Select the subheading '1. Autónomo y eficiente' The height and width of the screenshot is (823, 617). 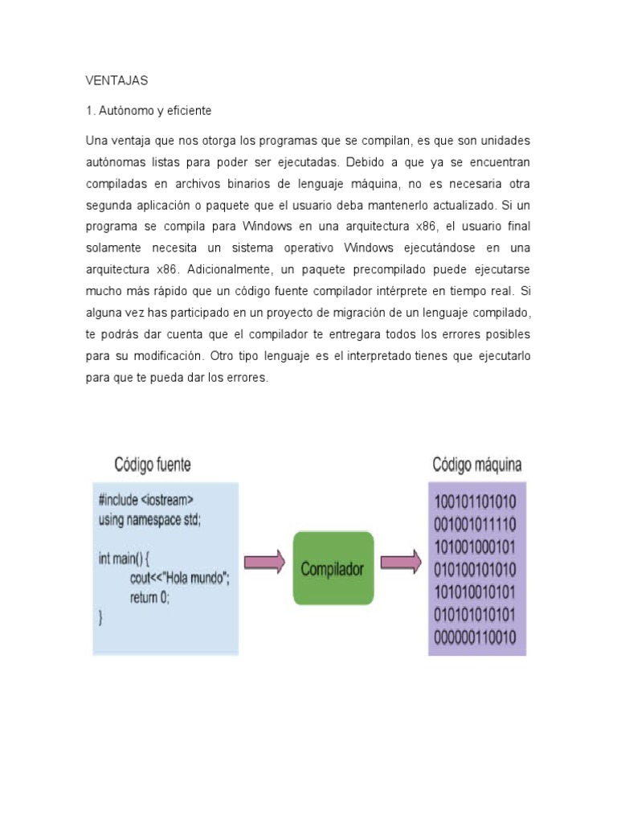149,111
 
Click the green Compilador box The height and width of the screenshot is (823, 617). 333,568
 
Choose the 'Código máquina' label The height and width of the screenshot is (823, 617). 477,465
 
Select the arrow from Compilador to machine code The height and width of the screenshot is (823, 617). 401,562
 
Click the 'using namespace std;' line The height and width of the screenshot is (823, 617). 149,519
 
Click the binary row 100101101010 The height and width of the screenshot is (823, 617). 476,502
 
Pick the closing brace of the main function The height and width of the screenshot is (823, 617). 100,617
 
